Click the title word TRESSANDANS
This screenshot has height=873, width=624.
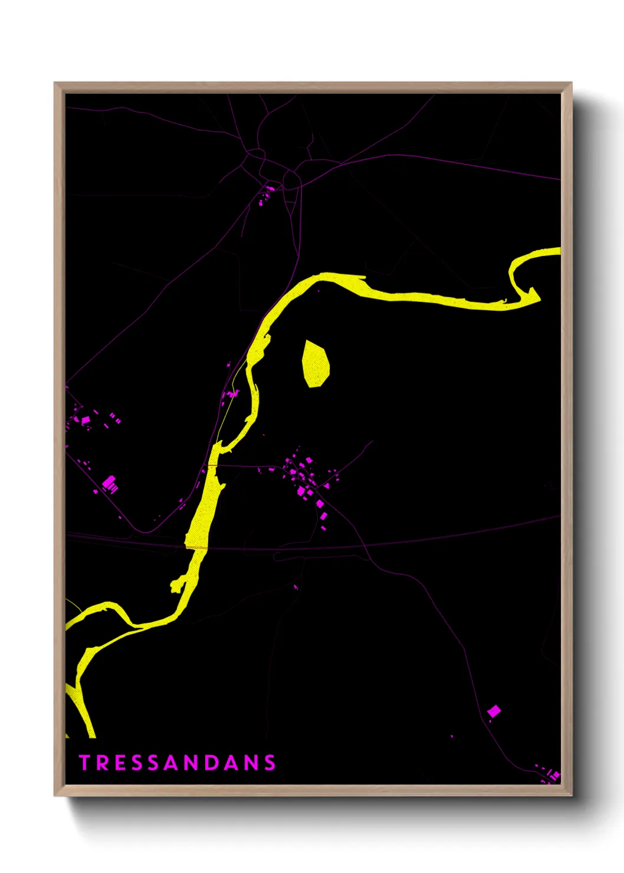click(178, 763)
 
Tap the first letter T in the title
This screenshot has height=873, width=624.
click(84, 763)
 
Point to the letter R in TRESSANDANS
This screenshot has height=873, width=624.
click(101, 763)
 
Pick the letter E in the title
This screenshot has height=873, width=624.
click(119, 763)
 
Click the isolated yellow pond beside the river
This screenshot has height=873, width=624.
click(315, 364)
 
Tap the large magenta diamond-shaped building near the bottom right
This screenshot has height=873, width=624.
click(494, 711)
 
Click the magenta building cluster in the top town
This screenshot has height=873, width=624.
click(267, 193)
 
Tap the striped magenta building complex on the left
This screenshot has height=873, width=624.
click(110, 485)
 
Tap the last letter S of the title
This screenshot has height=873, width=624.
click(270, 763)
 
